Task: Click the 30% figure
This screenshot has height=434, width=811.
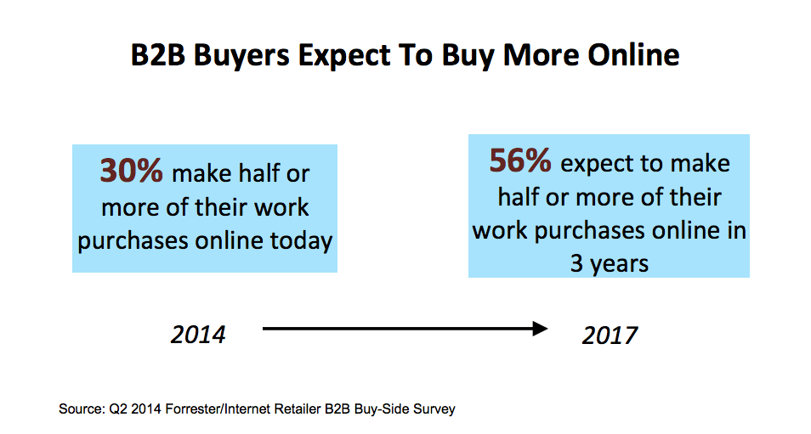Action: click(x=132, y=171)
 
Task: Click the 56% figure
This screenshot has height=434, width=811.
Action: click(x=520, y=161)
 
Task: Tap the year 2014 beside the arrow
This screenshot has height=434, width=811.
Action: click(x=198, y=335)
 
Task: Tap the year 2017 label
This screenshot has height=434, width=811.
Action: click(x=610, y=335)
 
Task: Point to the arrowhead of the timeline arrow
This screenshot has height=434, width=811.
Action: click(x=541, y=329)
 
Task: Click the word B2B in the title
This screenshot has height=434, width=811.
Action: click(x=158, y=55)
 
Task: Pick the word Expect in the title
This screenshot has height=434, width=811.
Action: click(x=344, y=56)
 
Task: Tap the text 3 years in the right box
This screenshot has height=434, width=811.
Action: click(x=610, y=264)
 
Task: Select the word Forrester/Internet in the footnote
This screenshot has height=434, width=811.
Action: click(x=243, y=409)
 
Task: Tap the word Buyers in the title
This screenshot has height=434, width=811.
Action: click(x=241, y=56)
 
